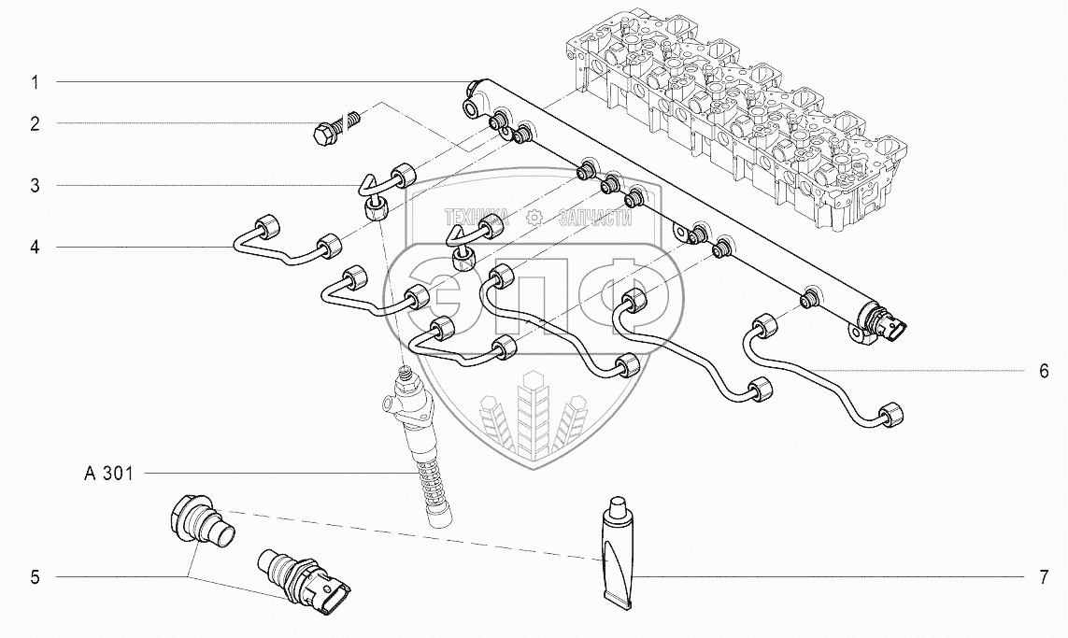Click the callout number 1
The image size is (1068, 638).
coord(35,82)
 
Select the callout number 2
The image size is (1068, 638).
coord(35,123)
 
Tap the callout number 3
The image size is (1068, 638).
coord(35,186)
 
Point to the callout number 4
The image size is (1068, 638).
coord(35,248)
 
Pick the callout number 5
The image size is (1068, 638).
coord(35,578)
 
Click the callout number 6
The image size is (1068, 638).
coord(1044,371)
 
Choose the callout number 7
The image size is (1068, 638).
coord(1044,578)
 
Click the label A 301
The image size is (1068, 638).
coord(108,475)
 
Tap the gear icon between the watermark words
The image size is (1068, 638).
coord(534,217)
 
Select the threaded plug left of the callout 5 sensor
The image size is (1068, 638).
coord(203,525)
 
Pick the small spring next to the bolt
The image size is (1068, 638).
coord(354,120)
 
